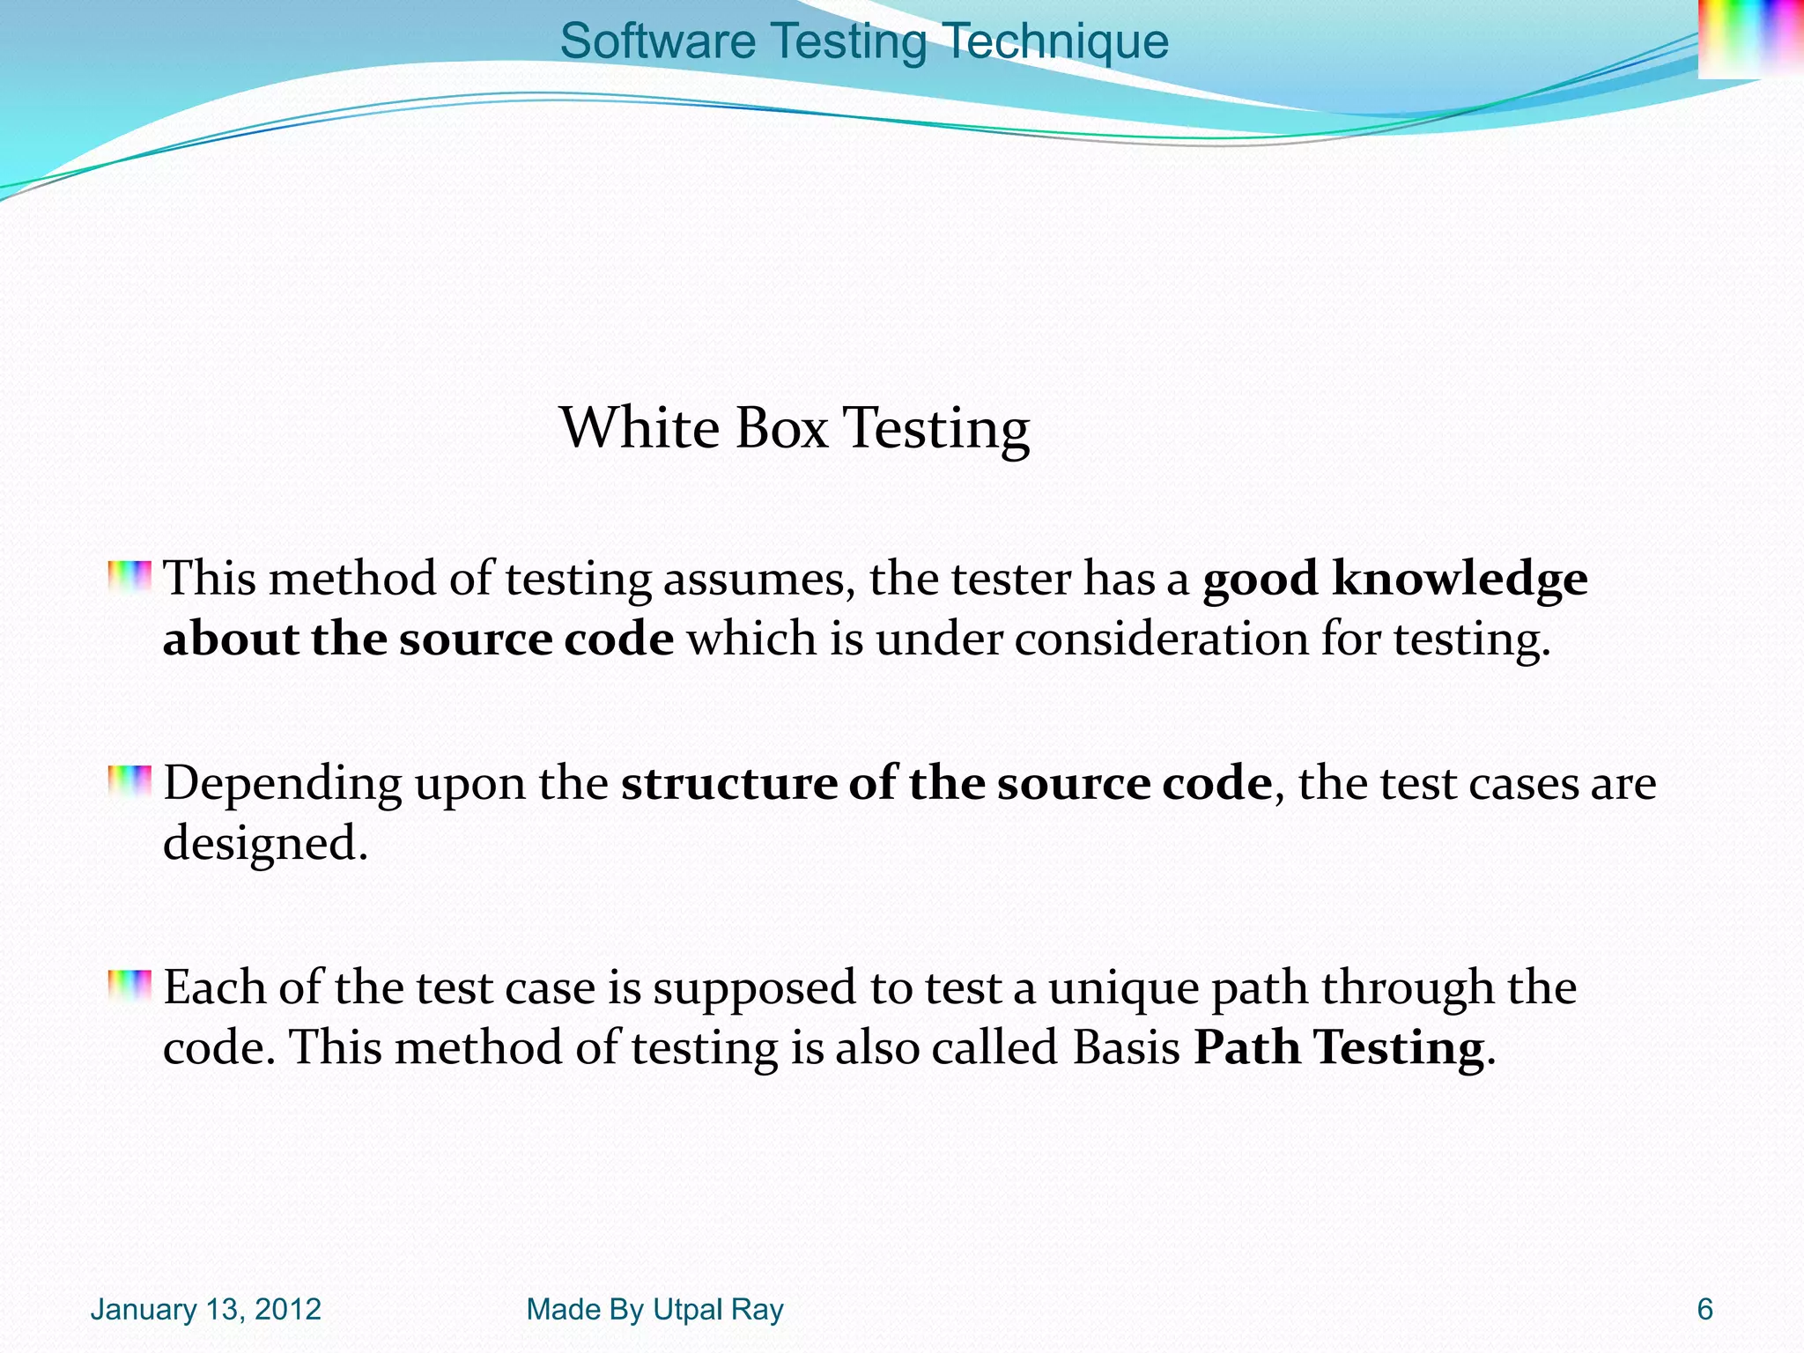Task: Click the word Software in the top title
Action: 657,41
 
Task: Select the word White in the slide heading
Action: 640,428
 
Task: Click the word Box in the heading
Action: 781,428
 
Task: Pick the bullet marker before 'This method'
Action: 129,577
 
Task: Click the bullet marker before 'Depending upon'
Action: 129,781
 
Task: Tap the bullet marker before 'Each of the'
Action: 129,986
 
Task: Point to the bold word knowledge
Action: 1460,579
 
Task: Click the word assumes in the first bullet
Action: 758,580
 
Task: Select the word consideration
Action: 1161,639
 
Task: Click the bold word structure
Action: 728,783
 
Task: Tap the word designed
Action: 264,844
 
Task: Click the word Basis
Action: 1127,1048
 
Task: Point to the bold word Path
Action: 1246,1048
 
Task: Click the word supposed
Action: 754,988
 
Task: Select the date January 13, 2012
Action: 205,1310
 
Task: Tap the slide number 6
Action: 1704,1310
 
